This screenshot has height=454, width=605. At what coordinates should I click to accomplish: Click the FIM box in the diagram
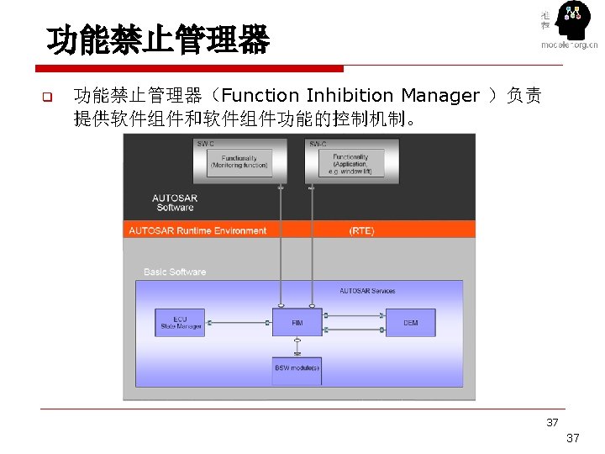click(297, 322)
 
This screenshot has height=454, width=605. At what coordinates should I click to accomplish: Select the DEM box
click(410, 322)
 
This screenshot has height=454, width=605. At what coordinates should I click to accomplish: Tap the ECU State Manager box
click(180, 322)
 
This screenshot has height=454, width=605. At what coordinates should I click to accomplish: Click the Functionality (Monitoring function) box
click(239, 161)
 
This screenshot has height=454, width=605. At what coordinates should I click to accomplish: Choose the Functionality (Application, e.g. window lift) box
click(350, 161)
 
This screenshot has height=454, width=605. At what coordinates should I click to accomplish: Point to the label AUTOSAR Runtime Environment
click(197, 230)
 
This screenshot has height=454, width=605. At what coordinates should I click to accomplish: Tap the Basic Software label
click(175, 272)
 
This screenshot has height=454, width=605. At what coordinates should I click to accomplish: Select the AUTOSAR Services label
click(367, 291)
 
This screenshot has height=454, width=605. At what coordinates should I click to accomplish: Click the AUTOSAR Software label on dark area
click(175, 203)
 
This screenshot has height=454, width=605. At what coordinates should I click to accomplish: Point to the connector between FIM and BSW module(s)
click(297, 346)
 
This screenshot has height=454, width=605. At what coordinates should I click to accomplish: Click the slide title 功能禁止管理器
click(158, 40)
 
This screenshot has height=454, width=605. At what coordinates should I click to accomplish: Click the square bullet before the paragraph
click(48, 96)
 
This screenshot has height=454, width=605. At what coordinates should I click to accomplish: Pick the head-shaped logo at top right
click(573, 22)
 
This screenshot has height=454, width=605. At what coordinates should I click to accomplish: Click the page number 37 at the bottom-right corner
click(573, 438)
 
